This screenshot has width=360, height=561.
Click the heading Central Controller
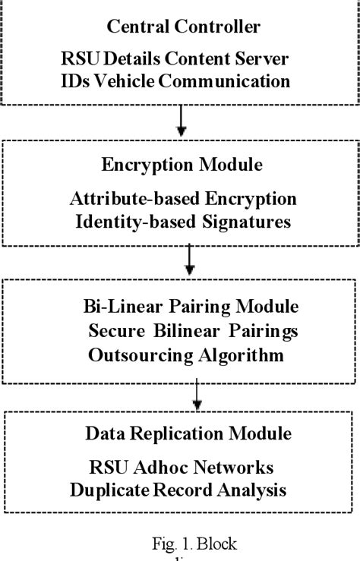(x=183, y=27)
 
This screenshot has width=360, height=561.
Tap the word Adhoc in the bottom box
(x=159, y=468)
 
